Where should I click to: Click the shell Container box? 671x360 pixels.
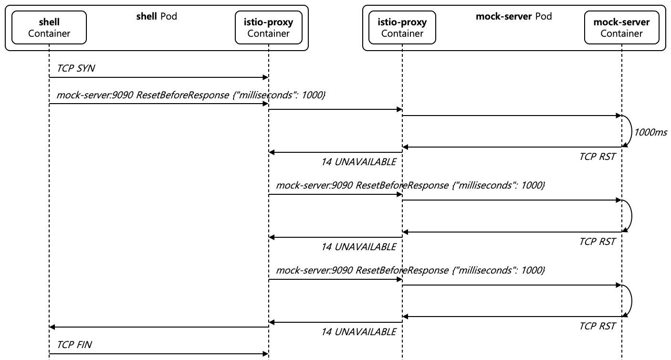pyautogui.click(x=49, y=28)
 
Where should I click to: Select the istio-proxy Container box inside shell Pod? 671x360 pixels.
pyautogui.click(x=268, y=28)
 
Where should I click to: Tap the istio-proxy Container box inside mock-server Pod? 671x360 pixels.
pyautogui.click(x=402, y=28)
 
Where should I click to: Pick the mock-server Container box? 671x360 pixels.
pyautogui.click(x=621, y=28)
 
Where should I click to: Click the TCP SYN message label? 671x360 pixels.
pyautogui.click(x=76, y=68)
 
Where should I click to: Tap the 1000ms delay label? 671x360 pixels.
pyautogui.click(x=650, y=131)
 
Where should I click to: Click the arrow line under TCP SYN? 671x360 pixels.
pyautogui.click(x=157, y=77)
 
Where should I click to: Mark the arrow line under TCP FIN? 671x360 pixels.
pyautogui.click(x=157, y=354)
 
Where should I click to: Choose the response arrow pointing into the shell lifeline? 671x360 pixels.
pyautogui.click(x=157, y=327)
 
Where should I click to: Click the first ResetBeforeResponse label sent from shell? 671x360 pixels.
pyautogui.click(x=191, y=95)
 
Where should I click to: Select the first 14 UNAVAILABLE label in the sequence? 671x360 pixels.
pyautogui.click(x=358, y=162)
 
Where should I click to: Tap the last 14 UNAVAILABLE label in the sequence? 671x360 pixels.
pyautogui.click(x=358, y=332)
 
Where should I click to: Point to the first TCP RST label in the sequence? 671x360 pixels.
pyautogui.click(x=597, y=157)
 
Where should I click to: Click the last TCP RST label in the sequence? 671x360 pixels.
pyautogui.click(x=597, y=327)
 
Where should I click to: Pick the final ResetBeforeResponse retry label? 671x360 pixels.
pyautogui.click(x=410, y=270)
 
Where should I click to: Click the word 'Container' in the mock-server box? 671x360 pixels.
pyautogui.click(x=621, y=33)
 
